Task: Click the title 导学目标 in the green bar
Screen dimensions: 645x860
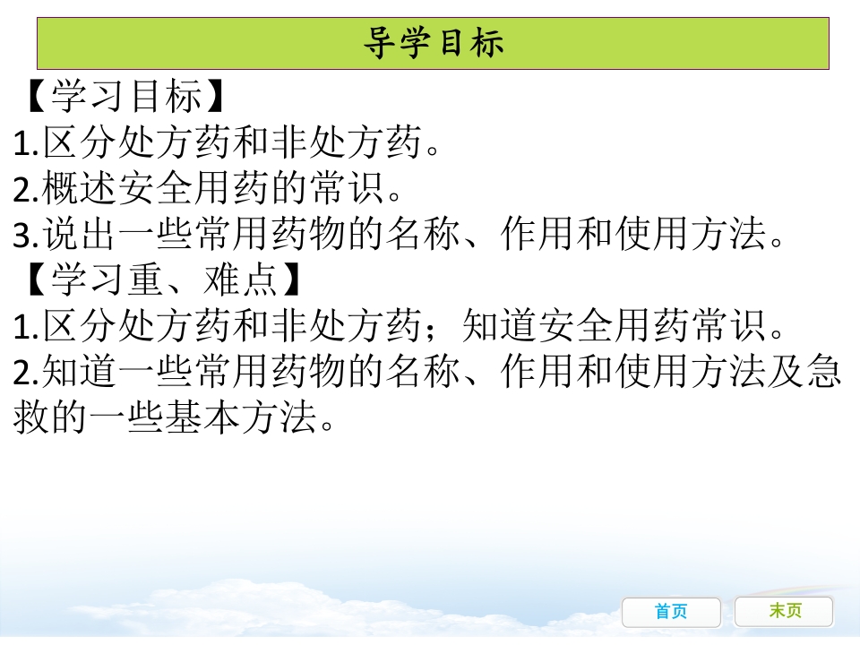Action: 434,43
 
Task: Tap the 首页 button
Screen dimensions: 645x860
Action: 671,612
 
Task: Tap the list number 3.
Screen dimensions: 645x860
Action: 22,236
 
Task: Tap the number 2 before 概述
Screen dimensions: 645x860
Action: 22,190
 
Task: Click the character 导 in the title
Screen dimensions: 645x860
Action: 380,43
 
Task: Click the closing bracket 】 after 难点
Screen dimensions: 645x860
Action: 288,281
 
